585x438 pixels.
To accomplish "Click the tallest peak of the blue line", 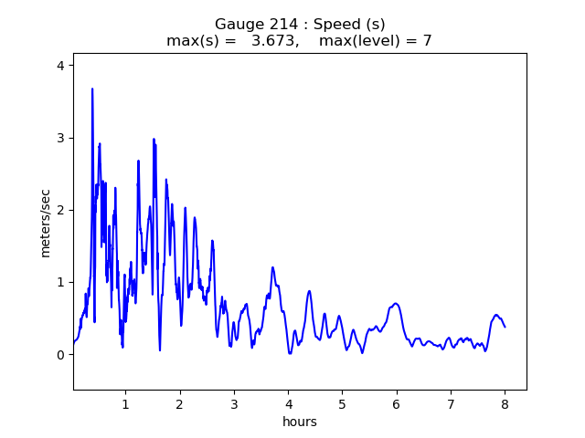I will (x=92, y=89).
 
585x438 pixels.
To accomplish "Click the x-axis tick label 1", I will (x=125, y=404).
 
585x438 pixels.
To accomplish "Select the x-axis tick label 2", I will (x=180, y=404).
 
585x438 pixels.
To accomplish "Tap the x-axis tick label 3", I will (x=234, y=404).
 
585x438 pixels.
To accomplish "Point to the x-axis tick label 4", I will (x=288, y=404).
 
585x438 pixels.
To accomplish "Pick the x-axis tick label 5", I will (x=342, y=404).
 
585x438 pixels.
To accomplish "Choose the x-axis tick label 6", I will (x=397, y=404).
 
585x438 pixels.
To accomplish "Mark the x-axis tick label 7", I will (x=451, y=404).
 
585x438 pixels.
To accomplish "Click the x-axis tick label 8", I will (x=505, y=404).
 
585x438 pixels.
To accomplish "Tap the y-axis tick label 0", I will (x=61, y=354).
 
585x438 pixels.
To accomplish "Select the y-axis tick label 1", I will (x=61, y=282).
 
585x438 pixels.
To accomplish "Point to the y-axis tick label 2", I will (x=61, y=210).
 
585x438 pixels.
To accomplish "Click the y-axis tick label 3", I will (x=61, y=138).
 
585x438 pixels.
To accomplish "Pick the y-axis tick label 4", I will (x=61, y=66).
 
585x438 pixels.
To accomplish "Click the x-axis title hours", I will (x=300, y=422).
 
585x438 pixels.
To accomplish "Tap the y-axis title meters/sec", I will (x=45, y=222).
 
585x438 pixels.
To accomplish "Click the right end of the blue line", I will (x=505, y=327).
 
